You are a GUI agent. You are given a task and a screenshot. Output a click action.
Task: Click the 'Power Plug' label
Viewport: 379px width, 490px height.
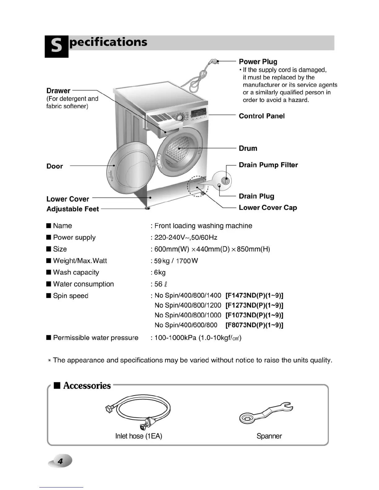[258, 62]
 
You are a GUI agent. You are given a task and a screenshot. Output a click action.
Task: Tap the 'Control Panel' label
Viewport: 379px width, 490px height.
[262, 116]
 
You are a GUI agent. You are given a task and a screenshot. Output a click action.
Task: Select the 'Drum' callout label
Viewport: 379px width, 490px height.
[248, 148]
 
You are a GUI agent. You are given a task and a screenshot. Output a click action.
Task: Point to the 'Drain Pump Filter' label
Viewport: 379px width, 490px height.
[268, 165]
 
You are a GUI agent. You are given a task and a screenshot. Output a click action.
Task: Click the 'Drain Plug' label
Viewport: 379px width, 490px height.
[256, 196]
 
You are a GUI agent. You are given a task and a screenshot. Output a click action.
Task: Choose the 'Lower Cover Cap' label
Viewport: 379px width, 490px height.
[268, 208]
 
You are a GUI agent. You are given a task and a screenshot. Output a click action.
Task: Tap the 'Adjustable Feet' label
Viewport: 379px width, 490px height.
[72, 209]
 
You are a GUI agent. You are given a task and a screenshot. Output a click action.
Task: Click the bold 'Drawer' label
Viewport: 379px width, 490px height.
[58, 91]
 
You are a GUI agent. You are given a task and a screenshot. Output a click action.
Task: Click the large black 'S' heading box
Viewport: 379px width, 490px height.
[56, 46]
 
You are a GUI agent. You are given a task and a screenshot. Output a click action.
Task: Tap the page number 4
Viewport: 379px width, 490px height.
[60, 461]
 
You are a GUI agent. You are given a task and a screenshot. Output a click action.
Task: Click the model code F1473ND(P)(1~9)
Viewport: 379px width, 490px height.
[254, 295]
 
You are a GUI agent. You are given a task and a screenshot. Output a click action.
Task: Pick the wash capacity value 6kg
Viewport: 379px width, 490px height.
[160, 273]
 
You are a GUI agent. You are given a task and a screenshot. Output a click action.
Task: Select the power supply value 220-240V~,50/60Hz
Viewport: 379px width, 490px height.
[186, 238]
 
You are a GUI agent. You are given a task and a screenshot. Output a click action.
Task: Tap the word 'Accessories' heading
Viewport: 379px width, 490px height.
[87, 385]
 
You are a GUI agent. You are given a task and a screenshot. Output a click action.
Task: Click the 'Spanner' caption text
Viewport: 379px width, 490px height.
[269, 436]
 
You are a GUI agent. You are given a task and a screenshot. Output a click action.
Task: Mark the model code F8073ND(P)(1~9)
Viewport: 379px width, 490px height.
[254, 325]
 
